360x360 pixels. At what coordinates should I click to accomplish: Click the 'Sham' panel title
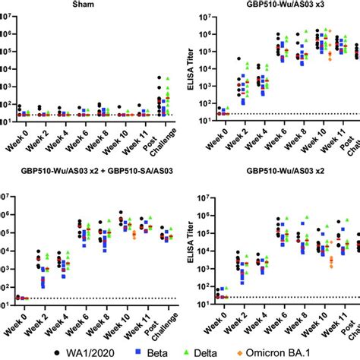point(98,5)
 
